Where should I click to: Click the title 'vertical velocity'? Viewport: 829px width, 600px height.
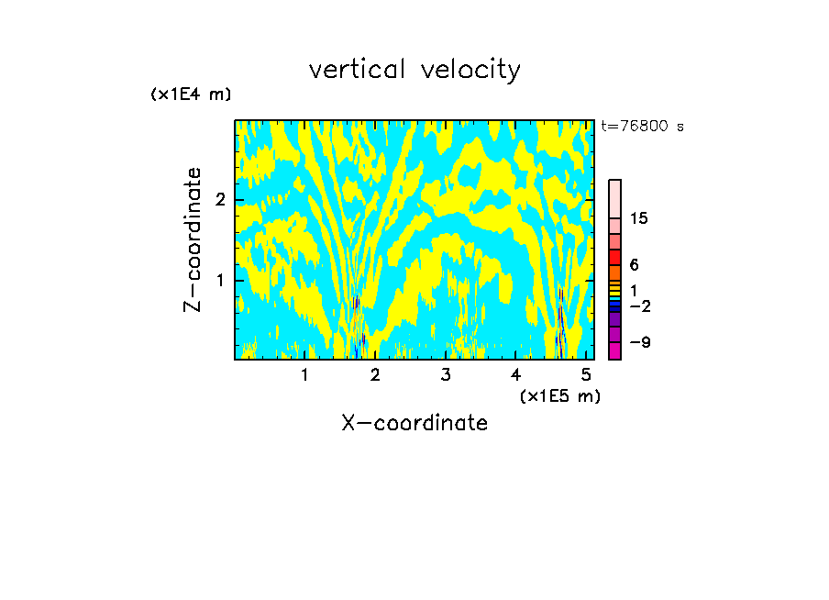tap(414, 70)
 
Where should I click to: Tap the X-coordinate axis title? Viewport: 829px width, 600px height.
tap(414, 423)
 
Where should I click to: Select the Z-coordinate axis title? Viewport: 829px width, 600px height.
tap(193, 239)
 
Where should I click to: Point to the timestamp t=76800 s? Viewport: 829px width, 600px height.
tap(642, 127)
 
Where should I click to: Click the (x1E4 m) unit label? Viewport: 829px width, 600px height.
tap(191, 94)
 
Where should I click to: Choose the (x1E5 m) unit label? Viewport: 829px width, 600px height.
tap(559, 395)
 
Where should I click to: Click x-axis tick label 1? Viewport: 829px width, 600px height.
tap(304, 375)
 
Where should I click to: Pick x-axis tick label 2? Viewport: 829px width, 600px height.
tap(375, 375)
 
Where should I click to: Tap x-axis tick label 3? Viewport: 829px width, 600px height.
tap(445, 375)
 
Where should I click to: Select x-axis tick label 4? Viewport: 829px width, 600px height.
tap(515, 375)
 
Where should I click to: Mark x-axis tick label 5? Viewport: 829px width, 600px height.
tap(586, 375)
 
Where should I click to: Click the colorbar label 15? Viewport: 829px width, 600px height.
tap(639, 219)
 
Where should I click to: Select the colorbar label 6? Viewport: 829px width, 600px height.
tap(634, 265)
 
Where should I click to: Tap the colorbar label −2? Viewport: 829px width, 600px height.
tap(639, 306)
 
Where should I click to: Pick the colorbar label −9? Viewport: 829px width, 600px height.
tap(639, 343)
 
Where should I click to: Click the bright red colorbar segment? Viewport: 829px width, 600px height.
tap(614, 257)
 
